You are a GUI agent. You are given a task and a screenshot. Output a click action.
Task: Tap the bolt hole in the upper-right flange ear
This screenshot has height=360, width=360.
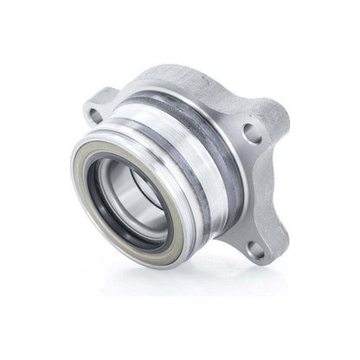pyautogui.click(x=254, y=132)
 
